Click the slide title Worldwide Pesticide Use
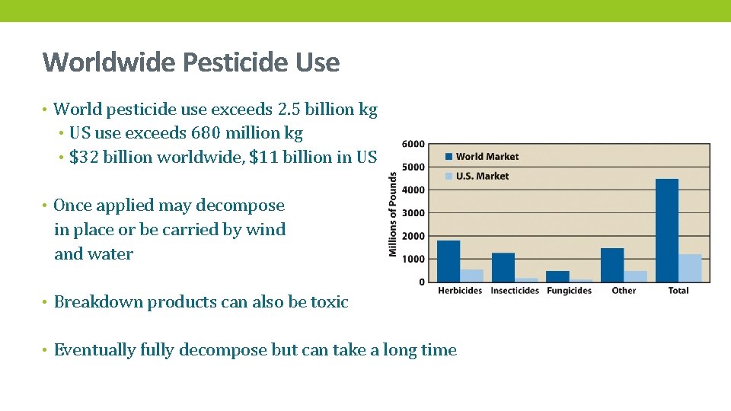click(191, 62)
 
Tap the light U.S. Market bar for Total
click(690, 268)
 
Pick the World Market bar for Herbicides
click(448, 261)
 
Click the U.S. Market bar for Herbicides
click(472, 276)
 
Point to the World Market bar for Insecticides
click(503, 267)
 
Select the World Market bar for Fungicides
click(557, 276)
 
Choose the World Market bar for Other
click(612, 265)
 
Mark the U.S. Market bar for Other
click(636, 276)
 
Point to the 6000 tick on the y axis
click(413, 145)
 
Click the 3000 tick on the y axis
click(413, 213)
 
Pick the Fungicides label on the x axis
click(569, 291)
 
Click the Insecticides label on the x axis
click(515, 291)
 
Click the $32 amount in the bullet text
click(79, 158)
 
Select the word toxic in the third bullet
click(329, 302)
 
